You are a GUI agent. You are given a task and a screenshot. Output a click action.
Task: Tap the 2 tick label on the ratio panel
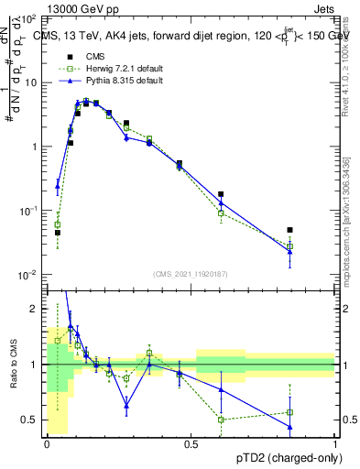coord(35,309)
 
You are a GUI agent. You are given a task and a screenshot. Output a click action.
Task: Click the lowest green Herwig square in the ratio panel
coord(221,420)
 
